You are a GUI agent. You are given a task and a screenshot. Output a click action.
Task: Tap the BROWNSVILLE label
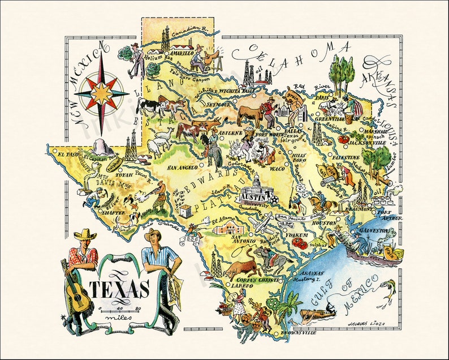pos(297,333)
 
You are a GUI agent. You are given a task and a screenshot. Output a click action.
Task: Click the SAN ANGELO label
pos(183,168)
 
